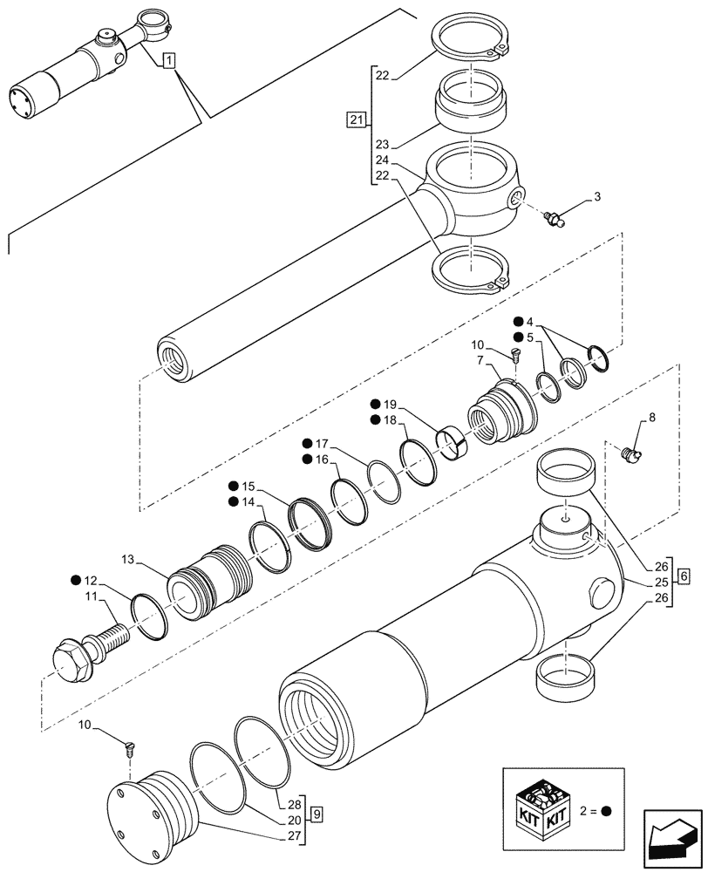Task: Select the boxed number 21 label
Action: click(356, 120)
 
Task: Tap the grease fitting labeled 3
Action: click(553, 217)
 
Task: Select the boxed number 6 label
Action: click(684, 576)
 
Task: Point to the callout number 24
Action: click(381, 161)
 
